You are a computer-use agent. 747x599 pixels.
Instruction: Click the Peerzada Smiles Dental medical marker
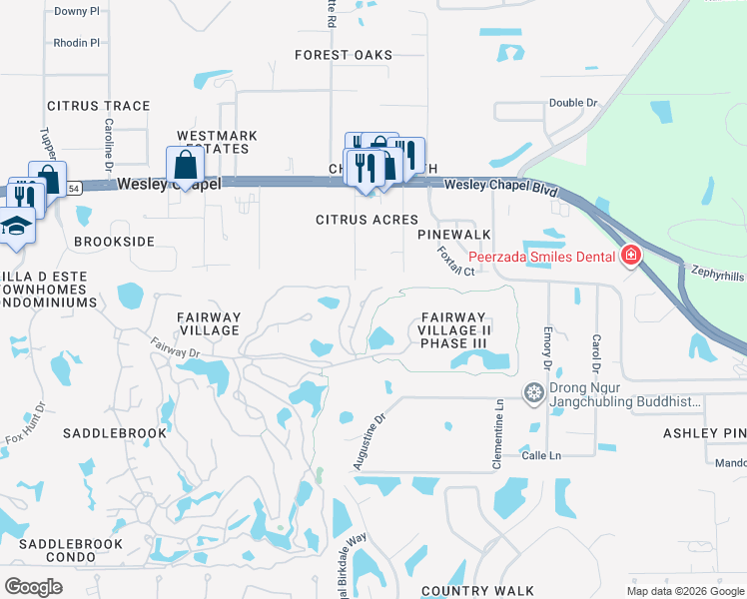point(630,257)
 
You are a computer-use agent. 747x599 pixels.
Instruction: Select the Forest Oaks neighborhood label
point(344,55)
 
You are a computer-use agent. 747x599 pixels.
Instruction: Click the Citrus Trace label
point(99,106)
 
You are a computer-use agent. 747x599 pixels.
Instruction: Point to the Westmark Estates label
point(217,142)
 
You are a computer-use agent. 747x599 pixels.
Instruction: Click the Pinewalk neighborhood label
point(454,234)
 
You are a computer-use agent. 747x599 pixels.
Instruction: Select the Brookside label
point(115,242)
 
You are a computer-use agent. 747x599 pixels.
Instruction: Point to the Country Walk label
point(477,591)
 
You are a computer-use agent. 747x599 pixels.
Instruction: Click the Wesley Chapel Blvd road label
point(499,185)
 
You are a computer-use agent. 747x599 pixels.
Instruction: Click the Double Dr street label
point(572,103)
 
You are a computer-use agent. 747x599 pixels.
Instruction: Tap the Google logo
point(34,587)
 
